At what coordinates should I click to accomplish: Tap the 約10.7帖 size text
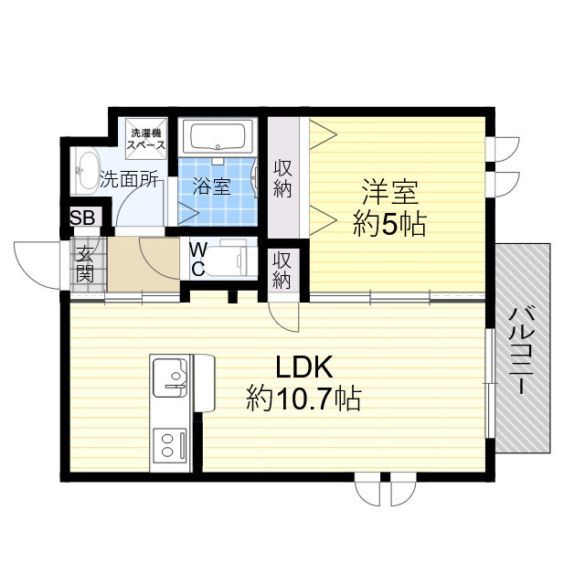[303, 399]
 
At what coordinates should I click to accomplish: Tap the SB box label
[82, 219]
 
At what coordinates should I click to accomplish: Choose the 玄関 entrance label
[85, 263]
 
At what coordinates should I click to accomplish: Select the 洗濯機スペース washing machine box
[146, 137]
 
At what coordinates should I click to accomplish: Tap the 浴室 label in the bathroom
[212, 187]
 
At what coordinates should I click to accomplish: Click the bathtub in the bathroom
[218, 139]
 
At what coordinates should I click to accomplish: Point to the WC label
[197, 260]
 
